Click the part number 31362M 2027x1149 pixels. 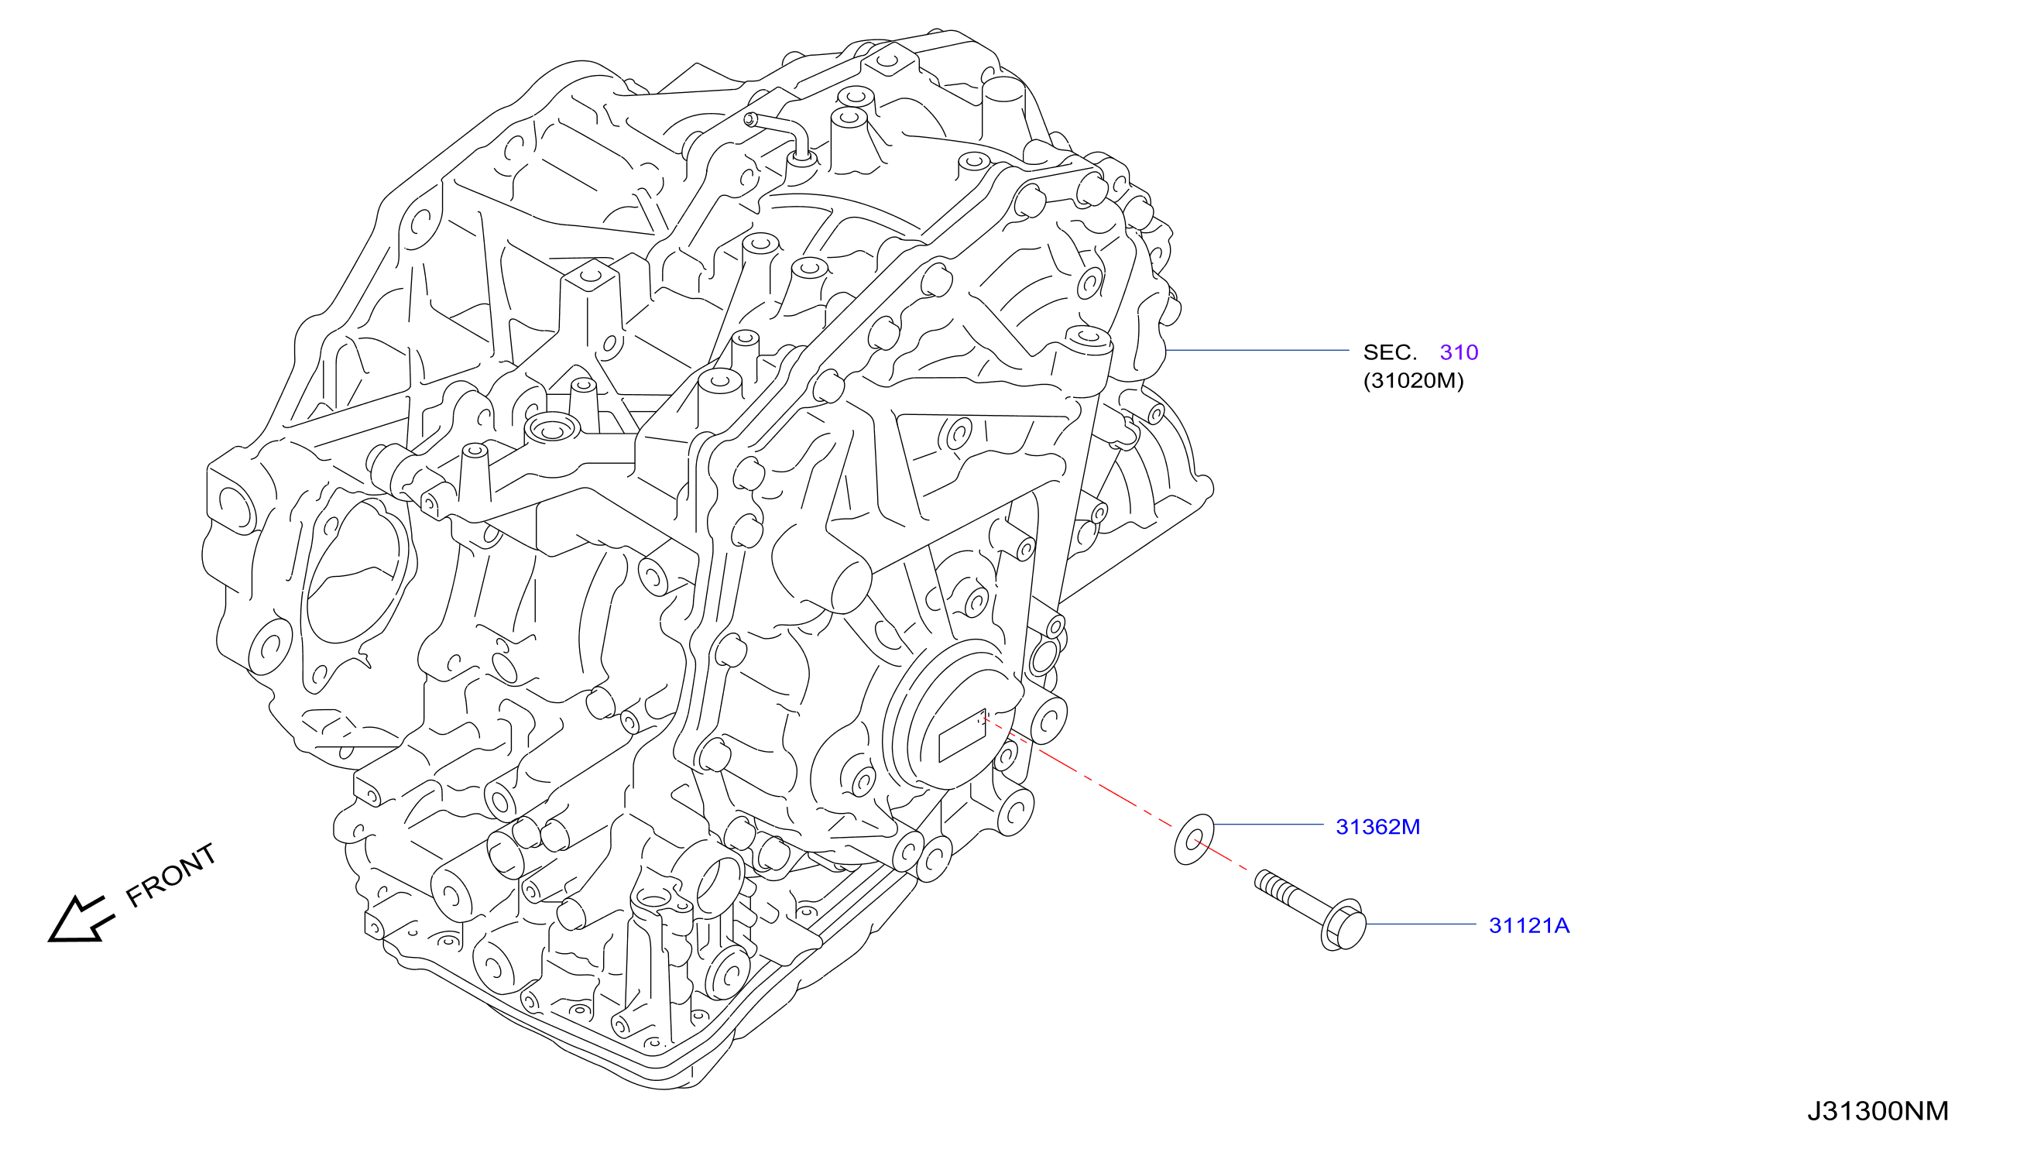pyautogui.click(x=1377, y=827)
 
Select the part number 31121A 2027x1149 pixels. pyautogui.click(x=1528, y=925)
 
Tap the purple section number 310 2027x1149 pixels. pyautogui.click(x=1458, y=352)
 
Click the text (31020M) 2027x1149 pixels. pyautogui.click(x=1413, y=380)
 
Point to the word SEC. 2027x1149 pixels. pyautogui.click(x=1390, y=352)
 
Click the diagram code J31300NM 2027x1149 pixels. pyautogui.click(x=1877, y=1110)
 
